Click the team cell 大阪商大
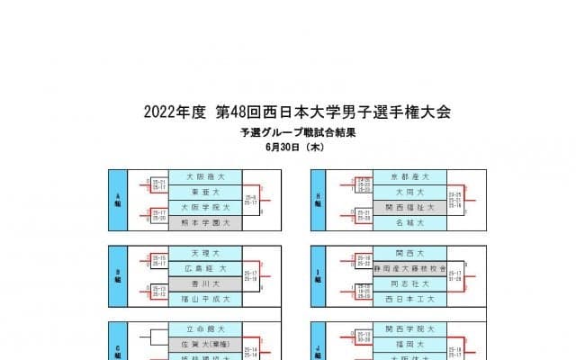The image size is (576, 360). pyautogui.click(x=202, y=177)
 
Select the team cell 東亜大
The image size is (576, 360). pyautogui.click(x=202, y=192)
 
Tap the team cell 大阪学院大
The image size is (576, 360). pyautogui.click(x=202, y=206)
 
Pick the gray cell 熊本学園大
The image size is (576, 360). pyautogui.click(x=202, y=220)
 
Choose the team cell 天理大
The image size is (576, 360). pyautogui.click(x=202, y=254)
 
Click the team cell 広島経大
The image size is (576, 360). pyautogui.click(x=202, y=268)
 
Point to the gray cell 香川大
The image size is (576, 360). pyautogui.click(x=202, y=283)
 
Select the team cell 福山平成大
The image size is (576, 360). pyautogui.click(x=202, y=297)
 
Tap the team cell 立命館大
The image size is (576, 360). pyautogui.click(x=202, y=330)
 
